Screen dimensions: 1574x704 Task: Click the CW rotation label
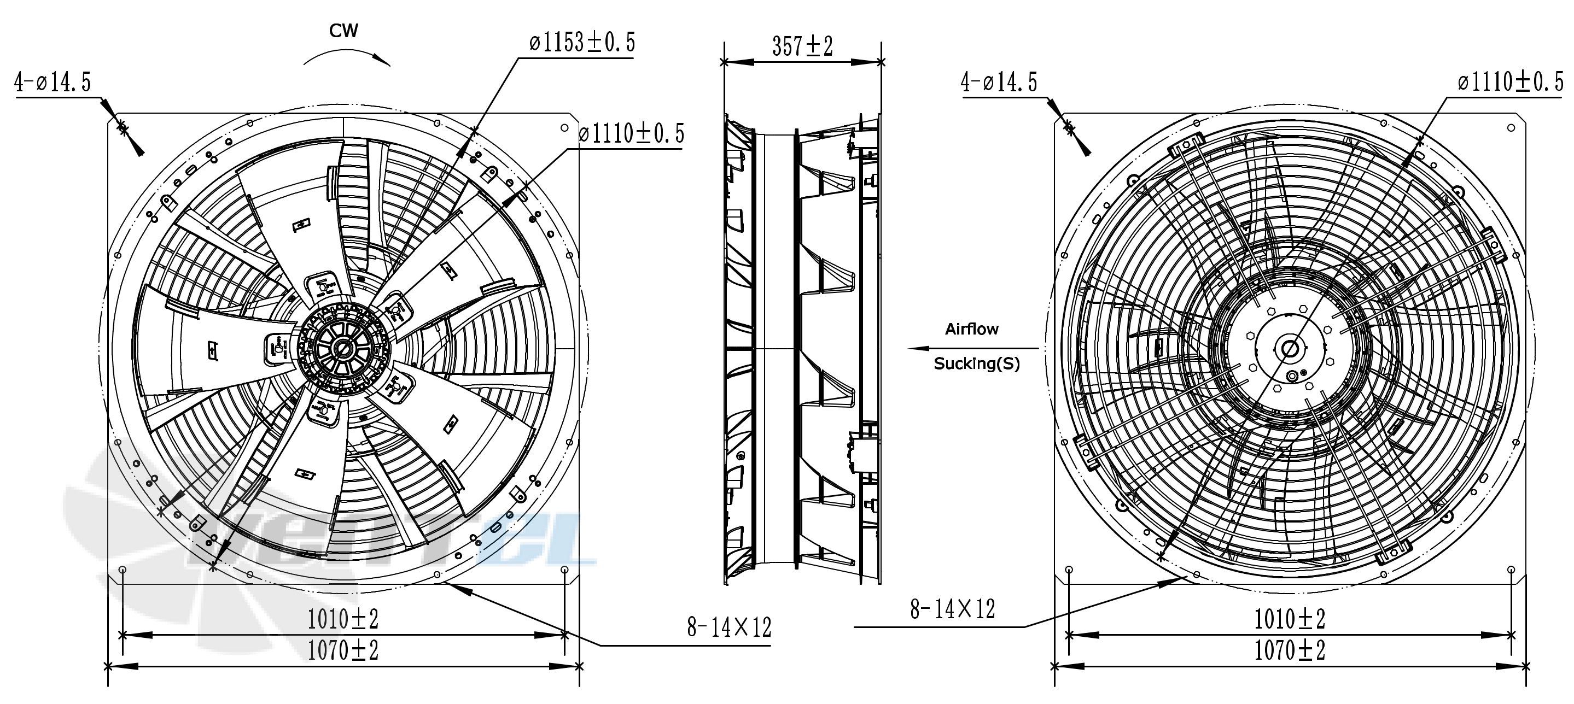(343, 31)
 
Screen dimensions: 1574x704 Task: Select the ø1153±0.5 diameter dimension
(582, 42)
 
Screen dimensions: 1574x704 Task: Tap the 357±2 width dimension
(802, 46)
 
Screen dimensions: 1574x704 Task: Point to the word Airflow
(971, 329)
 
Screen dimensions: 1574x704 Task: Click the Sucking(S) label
(976, 364)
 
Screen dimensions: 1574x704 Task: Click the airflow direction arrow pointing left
(973, 348)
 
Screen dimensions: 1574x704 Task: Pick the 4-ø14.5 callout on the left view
(53, 82)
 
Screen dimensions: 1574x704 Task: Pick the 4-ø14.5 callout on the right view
(999, 82)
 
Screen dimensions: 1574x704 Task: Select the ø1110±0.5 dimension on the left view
(632, 133)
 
